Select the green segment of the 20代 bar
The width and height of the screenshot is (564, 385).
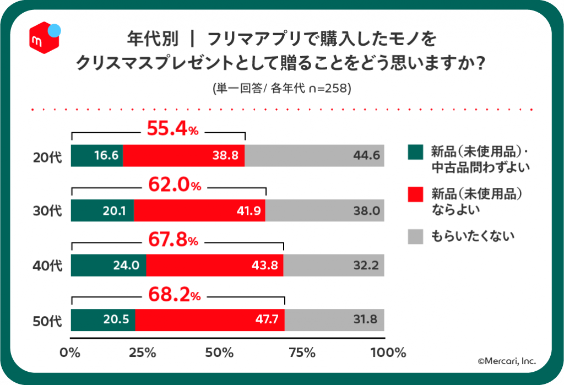97,155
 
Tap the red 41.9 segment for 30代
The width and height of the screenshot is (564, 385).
199,210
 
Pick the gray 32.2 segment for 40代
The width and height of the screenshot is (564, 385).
334,265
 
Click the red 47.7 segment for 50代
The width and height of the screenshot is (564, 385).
210,319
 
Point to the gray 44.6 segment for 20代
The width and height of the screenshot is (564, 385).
314,155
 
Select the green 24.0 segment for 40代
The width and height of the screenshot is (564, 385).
109,265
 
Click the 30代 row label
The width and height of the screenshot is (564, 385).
47,211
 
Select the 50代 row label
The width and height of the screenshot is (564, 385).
47,321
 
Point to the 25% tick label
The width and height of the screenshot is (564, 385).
143,353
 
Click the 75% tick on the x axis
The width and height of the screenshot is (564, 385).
302,353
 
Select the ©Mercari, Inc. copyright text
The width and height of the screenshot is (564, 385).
507,361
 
